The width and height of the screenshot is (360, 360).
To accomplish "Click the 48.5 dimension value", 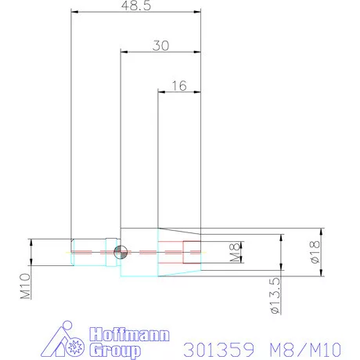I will (x=137, y=5).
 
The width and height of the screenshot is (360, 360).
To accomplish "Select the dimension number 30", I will (x=160, y=46).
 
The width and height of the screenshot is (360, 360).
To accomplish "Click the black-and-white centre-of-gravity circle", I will (x=119, y=251).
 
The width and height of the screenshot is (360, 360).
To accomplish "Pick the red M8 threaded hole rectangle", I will (x=192, y=251).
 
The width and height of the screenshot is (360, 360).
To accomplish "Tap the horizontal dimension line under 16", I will (x=180, y=93).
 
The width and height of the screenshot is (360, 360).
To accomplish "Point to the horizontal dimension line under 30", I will (x=160, y=53).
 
